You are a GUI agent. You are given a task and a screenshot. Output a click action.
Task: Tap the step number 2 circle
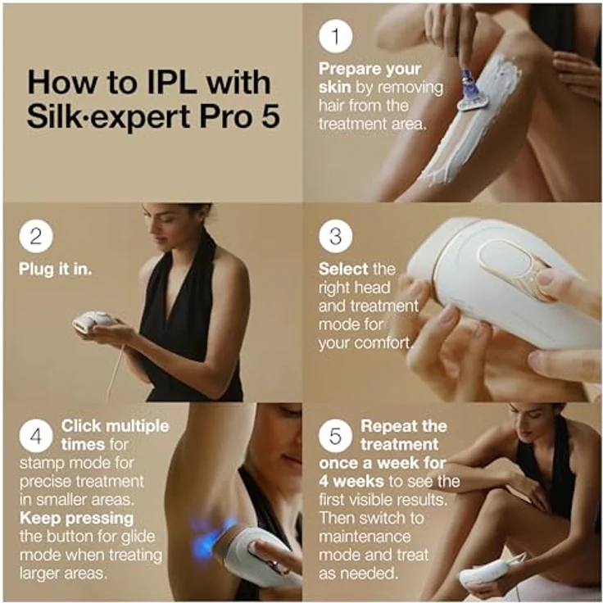click(x=36, y=237)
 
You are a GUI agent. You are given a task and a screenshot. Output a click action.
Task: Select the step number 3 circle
click(x=334, y=237)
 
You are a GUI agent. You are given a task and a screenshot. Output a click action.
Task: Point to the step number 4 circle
click(x=36, y=436)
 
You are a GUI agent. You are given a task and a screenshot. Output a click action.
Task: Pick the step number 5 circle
click(x=334, y=436)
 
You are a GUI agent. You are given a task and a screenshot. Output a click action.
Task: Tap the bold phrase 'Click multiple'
click(x=115, y=426)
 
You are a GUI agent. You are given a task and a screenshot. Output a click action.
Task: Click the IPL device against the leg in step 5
click(x=492, y=570)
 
